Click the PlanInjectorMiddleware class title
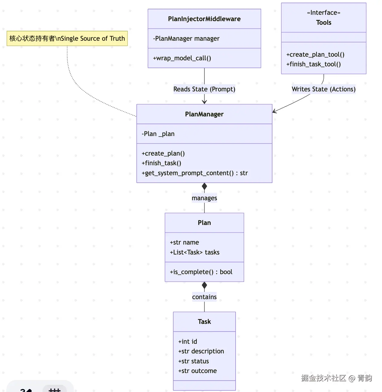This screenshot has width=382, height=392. pos(204,19)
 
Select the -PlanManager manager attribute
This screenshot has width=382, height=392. pos(186,39)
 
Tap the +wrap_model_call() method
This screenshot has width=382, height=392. pos(182,58)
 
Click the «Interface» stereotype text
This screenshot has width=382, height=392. pos(323,13)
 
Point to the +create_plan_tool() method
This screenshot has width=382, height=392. pos(315,55)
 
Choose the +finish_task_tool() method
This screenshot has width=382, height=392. pos(314,64)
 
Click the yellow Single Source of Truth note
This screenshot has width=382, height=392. pos(67,39)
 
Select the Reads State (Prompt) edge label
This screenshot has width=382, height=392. pos(204,89)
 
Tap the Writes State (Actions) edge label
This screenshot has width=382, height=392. pos(323,89)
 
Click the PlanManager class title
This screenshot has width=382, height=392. pos(204,114)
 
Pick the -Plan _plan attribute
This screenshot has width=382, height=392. pos(158,134)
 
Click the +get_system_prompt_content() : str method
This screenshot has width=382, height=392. pos(195,173)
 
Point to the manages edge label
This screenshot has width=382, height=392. pos(204,198)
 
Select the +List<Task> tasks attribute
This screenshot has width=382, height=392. pos(195,252)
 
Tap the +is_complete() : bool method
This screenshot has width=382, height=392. pos(201,272)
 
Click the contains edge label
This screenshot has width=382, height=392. pos(204,297)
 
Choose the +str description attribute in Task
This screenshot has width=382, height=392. pos(201,351)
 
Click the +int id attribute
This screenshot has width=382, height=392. pos(188,342)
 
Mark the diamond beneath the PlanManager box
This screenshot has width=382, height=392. pos(204,186)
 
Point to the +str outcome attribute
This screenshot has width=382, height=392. pos(197,371)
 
